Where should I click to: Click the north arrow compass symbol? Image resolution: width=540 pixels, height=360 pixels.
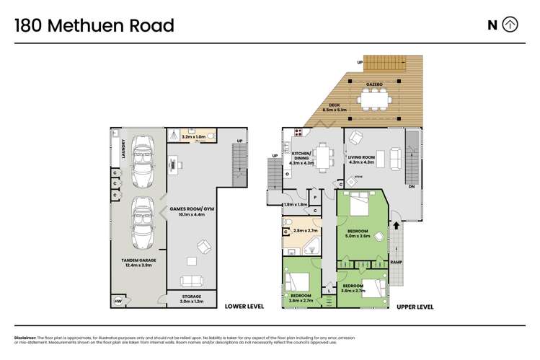pyautogui.click(x=510, y=25)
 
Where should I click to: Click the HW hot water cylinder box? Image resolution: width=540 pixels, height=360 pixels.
pyautogui.click(x=117, y=302)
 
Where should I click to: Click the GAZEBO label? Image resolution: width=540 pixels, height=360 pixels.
pyautogui.click(x=373, y=84)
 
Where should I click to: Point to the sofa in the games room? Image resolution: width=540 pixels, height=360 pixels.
pyautogui.click(x=191, y=281)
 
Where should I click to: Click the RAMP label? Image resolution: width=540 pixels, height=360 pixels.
pyautogui.click(x=396, y=263)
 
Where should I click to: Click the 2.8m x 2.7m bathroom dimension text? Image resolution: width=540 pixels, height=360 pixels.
pyautogui.click(x=306, y=230)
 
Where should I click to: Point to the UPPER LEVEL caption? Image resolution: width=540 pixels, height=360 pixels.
pyautogui.click(x=415, y=307)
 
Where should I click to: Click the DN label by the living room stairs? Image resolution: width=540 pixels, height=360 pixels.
pyautogui.click(x=412, y=187)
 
